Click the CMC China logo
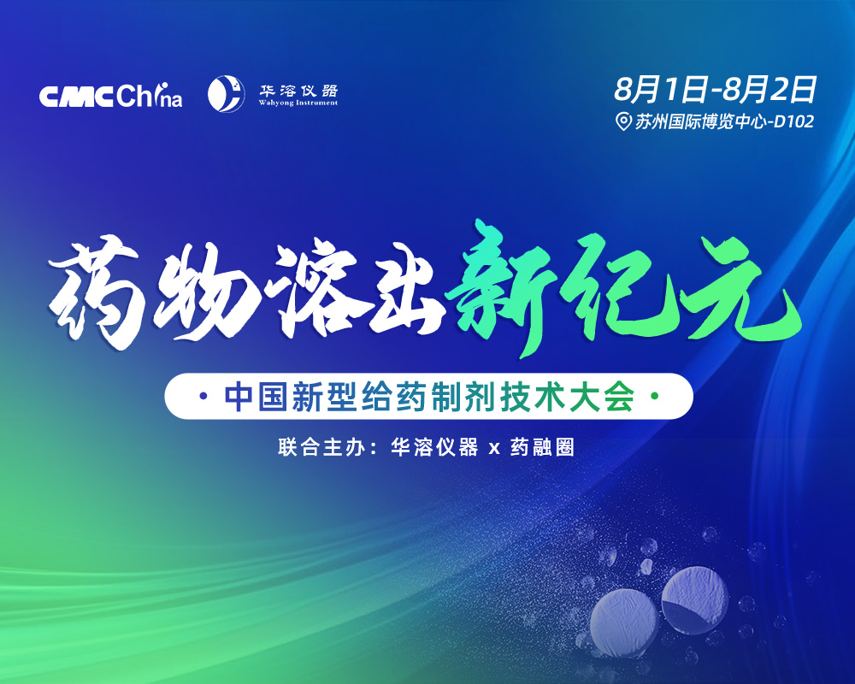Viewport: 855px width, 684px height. [x=110, y=96]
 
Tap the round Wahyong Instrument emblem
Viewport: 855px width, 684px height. [x=226, y=94]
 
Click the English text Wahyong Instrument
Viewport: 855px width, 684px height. [x=298, y=103]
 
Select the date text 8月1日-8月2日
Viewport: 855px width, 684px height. [x=715, y=89]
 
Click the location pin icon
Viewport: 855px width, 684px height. [x=622, y=121]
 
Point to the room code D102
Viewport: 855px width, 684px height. [x=794, y=121]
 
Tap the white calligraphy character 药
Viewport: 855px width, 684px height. [x=96, y=292]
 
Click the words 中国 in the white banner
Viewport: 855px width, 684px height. [x=256, y=397]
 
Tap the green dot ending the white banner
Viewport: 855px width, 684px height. [x=655, y=397]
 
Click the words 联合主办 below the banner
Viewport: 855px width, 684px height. [x=311, y=447]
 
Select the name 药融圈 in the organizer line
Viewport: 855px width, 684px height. [x=542, y=447]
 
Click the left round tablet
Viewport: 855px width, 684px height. [x=623, y=623]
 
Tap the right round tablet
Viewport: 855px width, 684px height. [x=694, y=600]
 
